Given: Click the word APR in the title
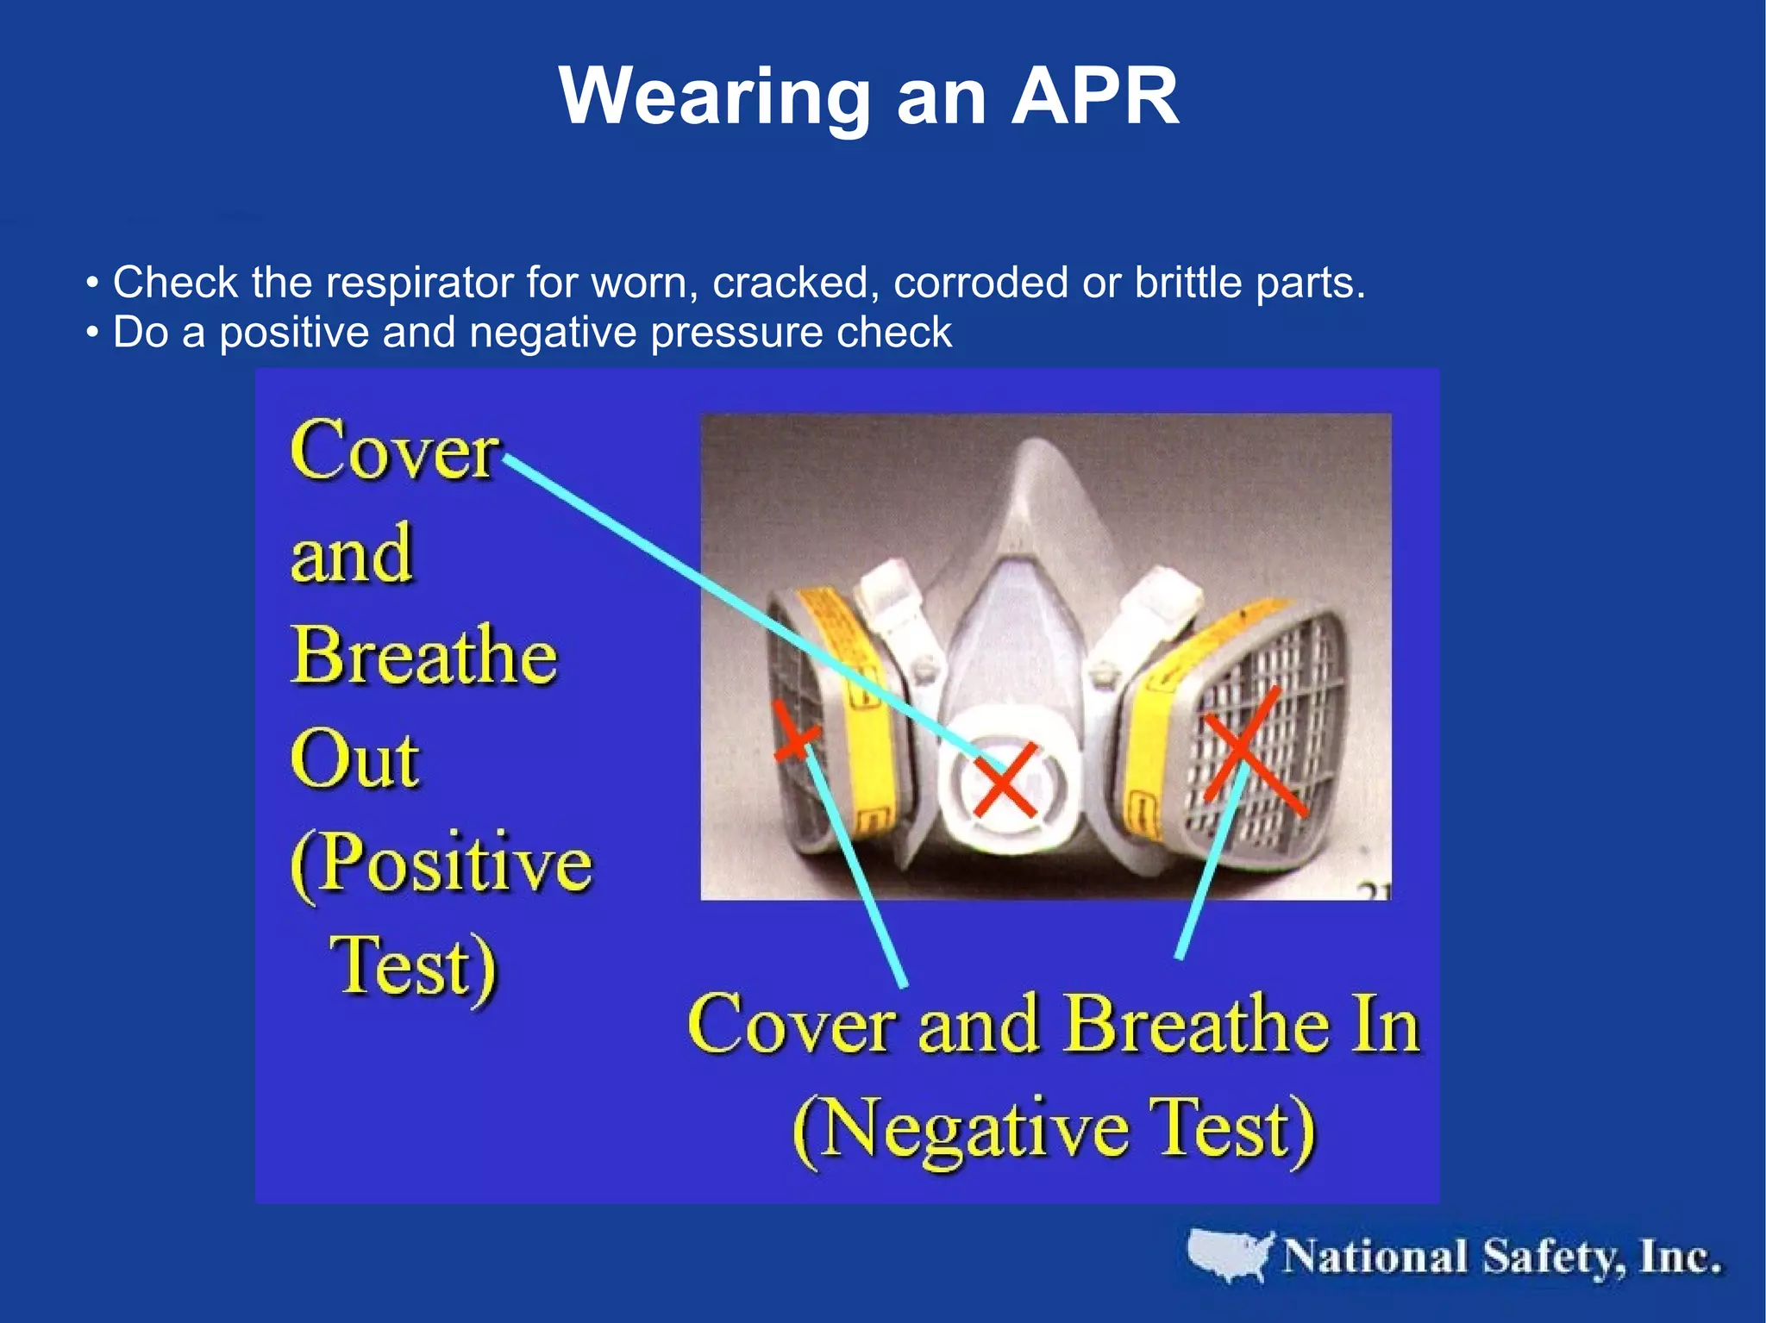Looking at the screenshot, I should coord(1094,96).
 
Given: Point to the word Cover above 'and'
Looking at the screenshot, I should coord(394,451).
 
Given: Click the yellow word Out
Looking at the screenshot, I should coord(354,760).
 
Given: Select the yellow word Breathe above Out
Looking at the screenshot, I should coord(424,656).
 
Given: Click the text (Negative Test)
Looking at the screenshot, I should coord(1054,1131).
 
